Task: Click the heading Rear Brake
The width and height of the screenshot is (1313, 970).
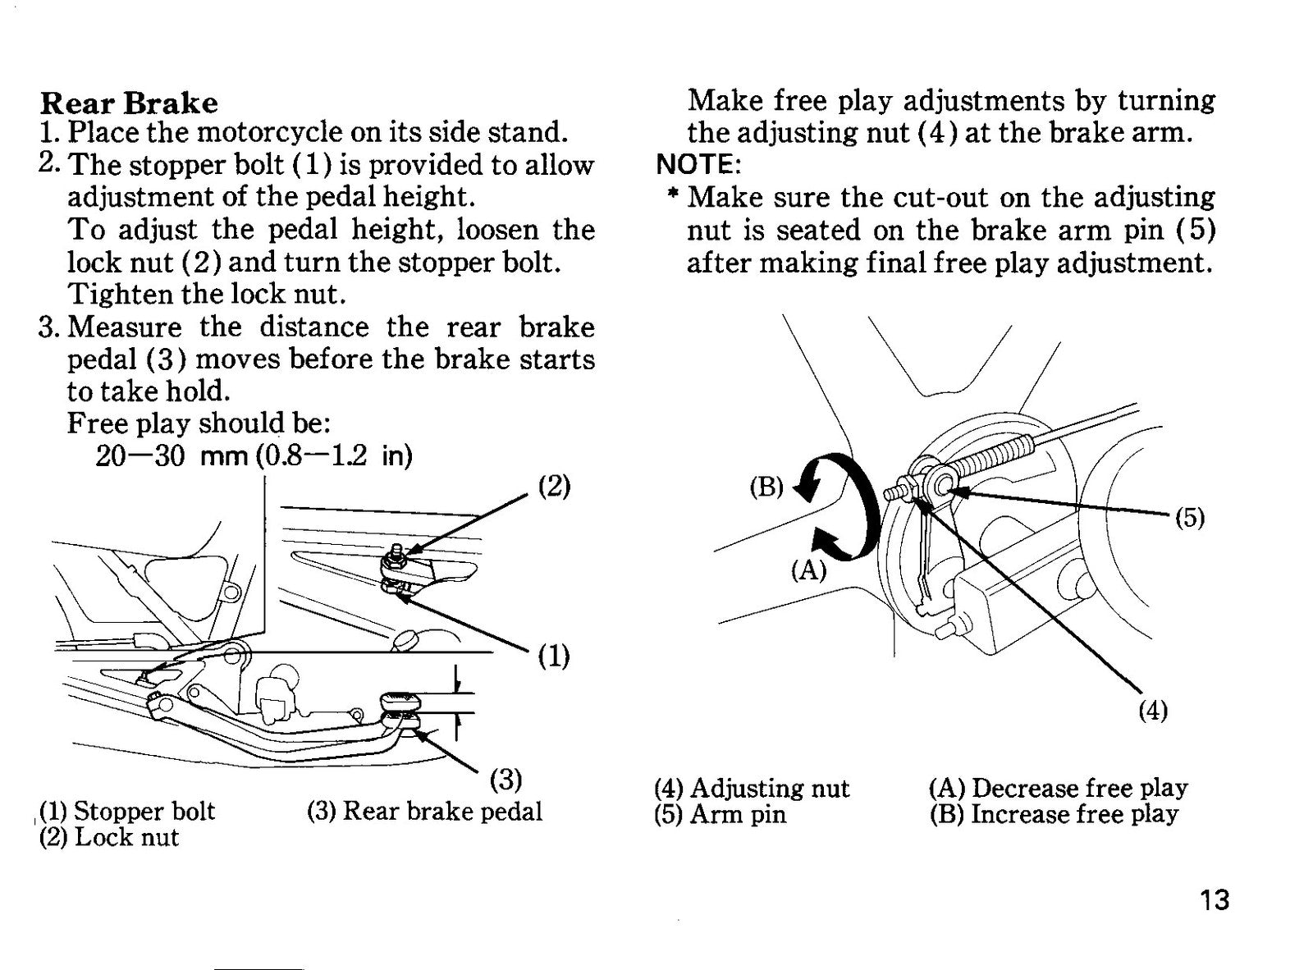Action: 129,103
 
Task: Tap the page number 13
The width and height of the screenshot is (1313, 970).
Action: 1215,901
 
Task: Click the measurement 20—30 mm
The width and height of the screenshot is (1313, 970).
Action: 172,455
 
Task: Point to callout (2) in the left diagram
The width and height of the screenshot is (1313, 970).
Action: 554,486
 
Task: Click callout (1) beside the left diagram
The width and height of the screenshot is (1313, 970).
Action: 554,657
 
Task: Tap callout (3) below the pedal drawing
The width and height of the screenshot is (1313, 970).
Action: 506,780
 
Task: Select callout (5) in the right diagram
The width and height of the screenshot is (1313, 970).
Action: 1190,519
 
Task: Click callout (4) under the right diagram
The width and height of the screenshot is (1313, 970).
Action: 1153,710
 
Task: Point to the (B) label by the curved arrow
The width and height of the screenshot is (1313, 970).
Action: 766,487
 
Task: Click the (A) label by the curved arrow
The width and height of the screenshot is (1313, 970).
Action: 808,571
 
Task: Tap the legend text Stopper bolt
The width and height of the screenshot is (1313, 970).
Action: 144,811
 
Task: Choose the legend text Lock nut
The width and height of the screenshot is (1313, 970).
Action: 126,837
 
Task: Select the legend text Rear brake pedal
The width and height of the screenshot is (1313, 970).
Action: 443,812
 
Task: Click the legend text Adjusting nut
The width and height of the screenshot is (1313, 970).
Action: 770,789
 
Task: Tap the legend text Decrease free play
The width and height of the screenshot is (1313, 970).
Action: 1080,789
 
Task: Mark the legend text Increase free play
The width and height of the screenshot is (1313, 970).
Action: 1074,815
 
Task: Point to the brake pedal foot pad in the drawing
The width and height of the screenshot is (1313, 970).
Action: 401,702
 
